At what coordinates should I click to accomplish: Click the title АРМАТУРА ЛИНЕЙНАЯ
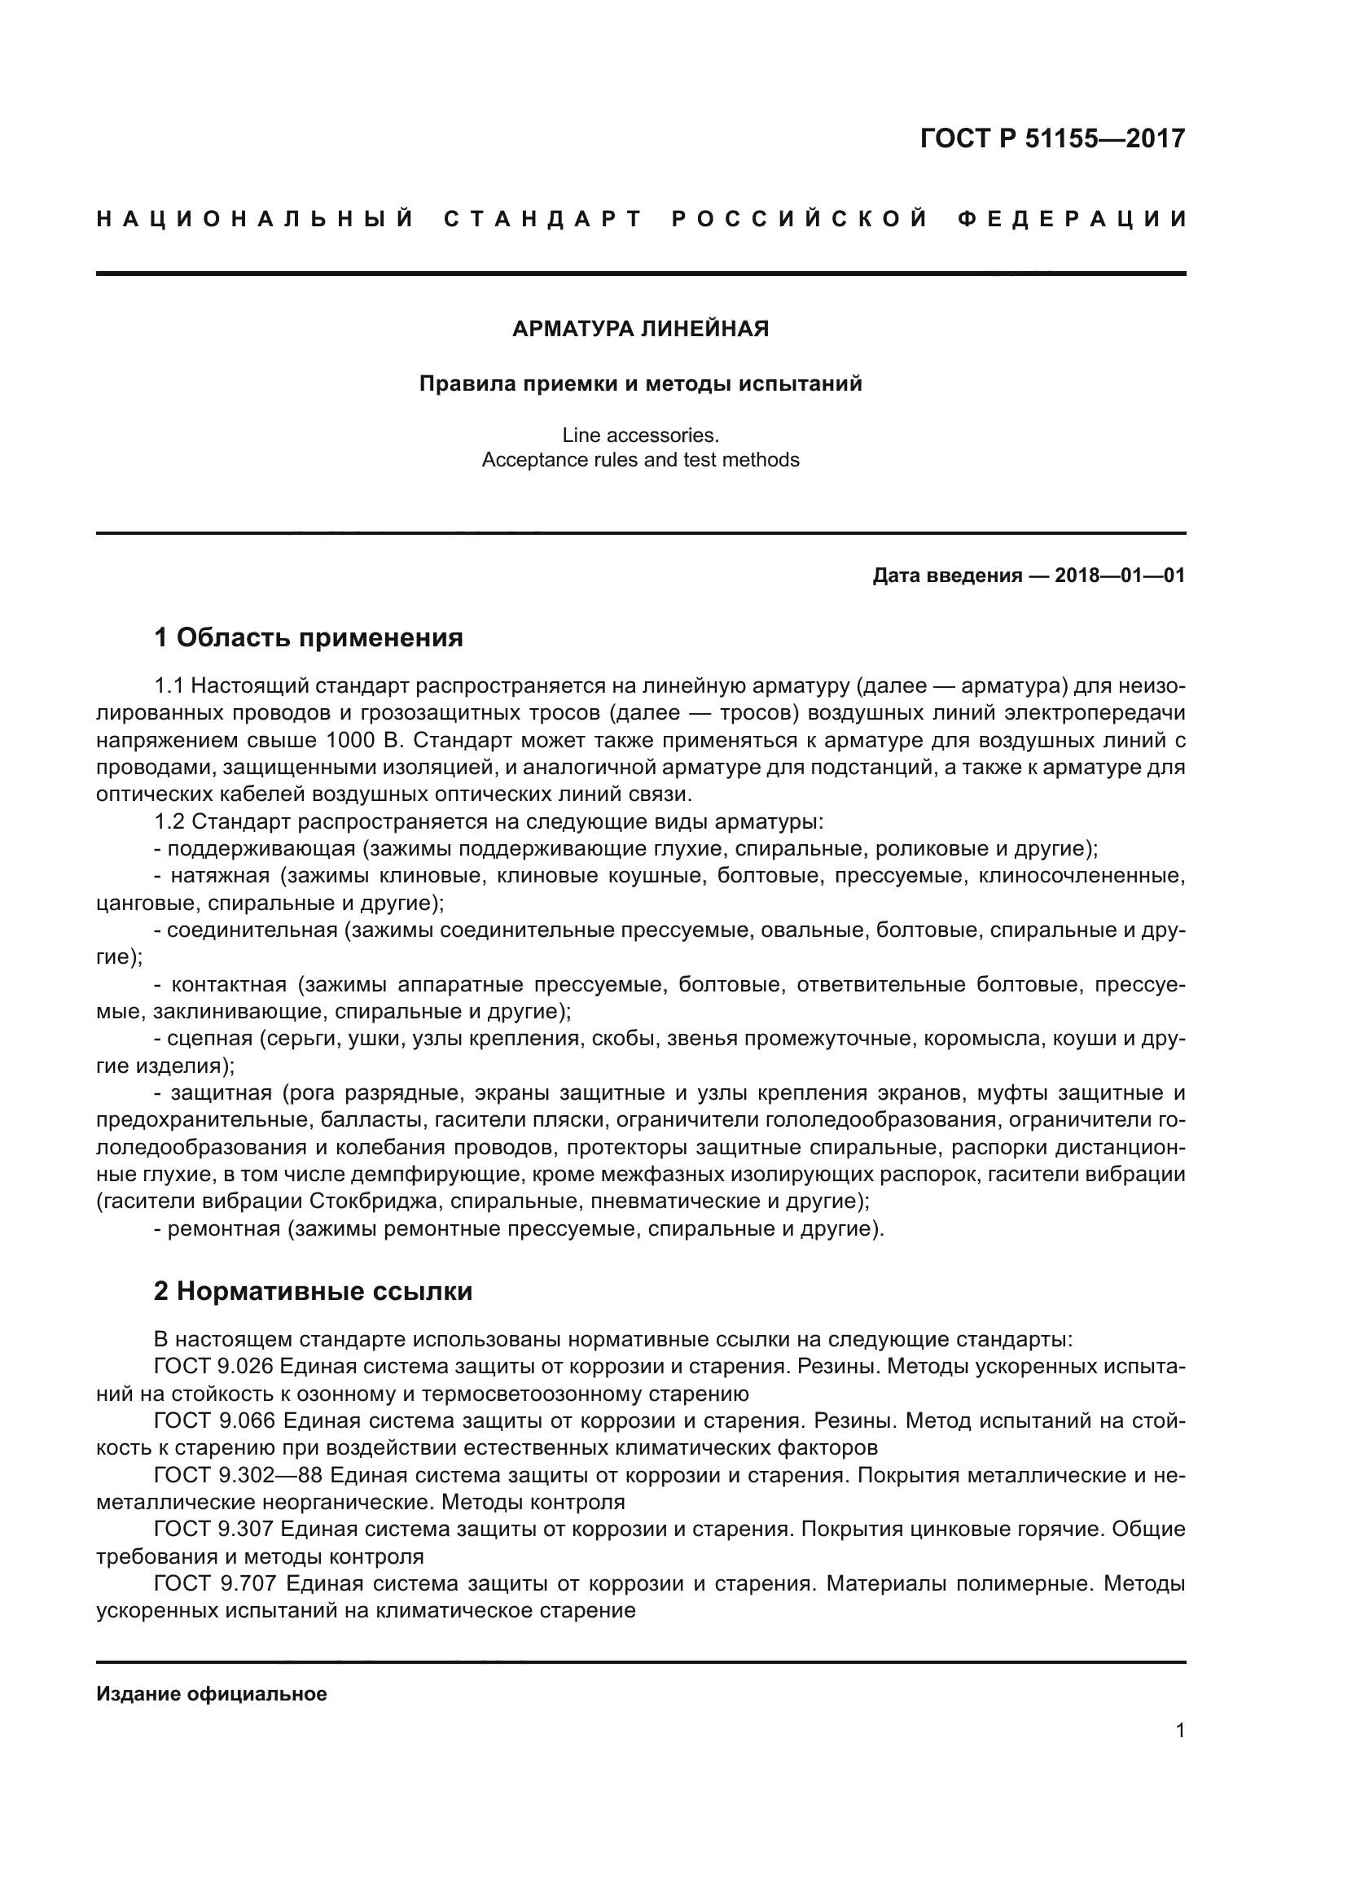(x=640, y=329)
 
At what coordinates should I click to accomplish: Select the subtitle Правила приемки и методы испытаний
(x=640, y=384)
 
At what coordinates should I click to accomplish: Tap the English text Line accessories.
(x=640, y=435)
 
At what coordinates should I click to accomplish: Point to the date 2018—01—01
(x=1120, y=576)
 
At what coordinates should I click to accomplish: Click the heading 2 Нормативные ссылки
(x=313, y=1291)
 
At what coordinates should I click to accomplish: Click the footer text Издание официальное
(x=212, y=1694)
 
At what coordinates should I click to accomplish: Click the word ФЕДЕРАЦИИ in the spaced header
(x=1073, y=219)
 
